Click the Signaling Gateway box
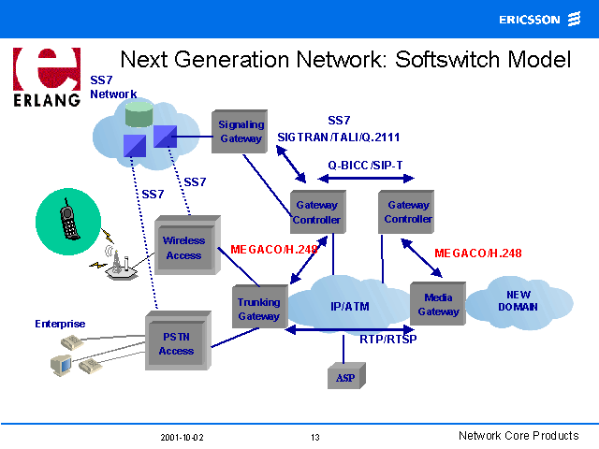tap(241, 132)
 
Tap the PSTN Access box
tap(176, 344)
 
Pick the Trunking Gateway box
tap(258, 309)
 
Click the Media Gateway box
tap(438, 305)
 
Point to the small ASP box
tap(344, 376)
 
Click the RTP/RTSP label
tap(387, 340)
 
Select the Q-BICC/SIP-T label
tap(365, 165)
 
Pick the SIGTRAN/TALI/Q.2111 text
tap(339, 137)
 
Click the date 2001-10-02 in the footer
tap(182, 437)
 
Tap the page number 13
tap(314, 437)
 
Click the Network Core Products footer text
tap(519, 436)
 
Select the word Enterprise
tap(60, 324)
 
